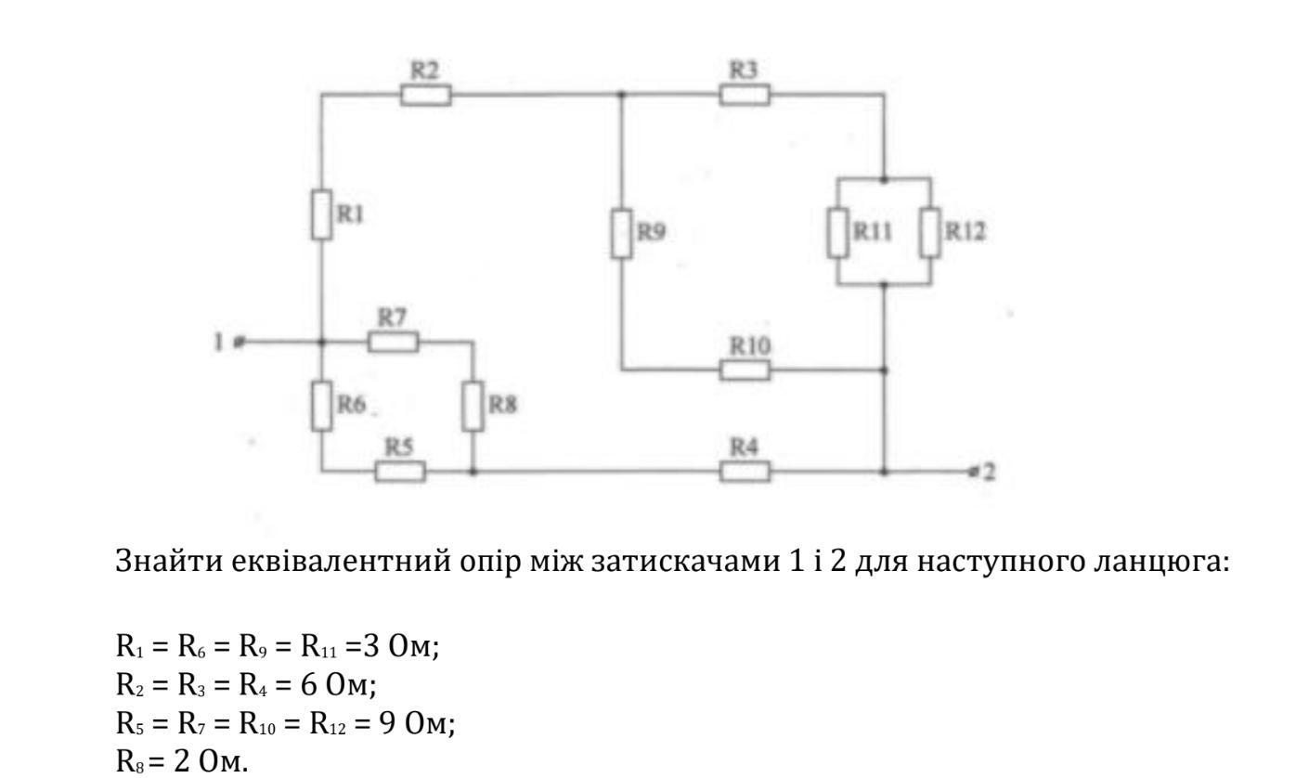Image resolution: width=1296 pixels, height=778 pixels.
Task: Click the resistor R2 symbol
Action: point(426,95)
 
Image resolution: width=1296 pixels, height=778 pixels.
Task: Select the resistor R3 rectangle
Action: point(745,95)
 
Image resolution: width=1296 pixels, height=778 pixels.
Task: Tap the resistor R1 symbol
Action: point(321,214)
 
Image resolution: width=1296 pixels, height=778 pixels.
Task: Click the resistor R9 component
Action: point(621,231)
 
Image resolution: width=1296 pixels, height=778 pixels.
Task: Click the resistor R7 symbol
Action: point(393,342)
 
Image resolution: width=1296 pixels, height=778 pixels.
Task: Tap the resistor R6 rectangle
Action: point(321,406)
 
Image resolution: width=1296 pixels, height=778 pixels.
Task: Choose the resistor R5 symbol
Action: point(400,473)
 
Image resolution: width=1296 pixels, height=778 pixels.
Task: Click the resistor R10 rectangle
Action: point(745,370)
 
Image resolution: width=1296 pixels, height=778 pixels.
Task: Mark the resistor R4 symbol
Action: point(745,473)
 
